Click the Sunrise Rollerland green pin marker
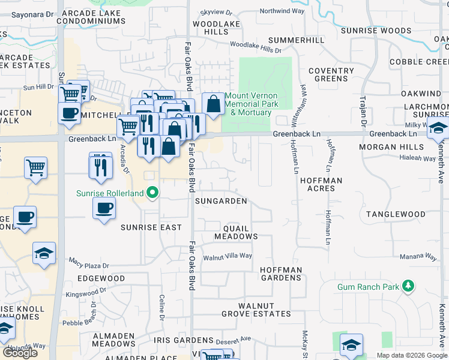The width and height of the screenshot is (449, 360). point(153,193)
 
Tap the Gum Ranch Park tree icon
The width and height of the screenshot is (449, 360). point(408,286)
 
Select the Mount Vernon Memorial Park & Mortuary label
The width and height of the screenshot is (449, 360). point(252,104)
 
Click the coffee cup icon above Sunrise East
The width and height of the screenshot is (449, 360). point(104,209)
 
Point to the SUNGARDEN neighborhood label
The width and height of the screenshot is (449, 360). point(221,201)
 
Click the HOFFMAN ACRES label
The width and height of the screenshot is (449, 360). point(321,184)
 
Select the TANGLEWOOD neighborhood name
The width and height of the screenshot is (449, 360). point(396,214)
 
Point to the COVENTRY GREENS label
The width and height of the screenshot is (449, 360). point(331,74)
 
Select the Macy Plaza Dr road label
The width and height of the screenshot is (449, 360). point(89,263)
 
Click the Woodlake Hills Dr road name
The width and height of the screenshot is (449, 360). point(255,47)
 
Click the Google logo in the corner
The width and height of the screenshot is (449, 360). point(20,352)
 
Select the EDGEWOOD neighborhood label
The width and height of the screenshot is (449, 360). point(101,278)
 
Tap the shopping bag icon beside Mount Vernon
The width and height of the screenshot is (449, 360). point(213,104)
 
